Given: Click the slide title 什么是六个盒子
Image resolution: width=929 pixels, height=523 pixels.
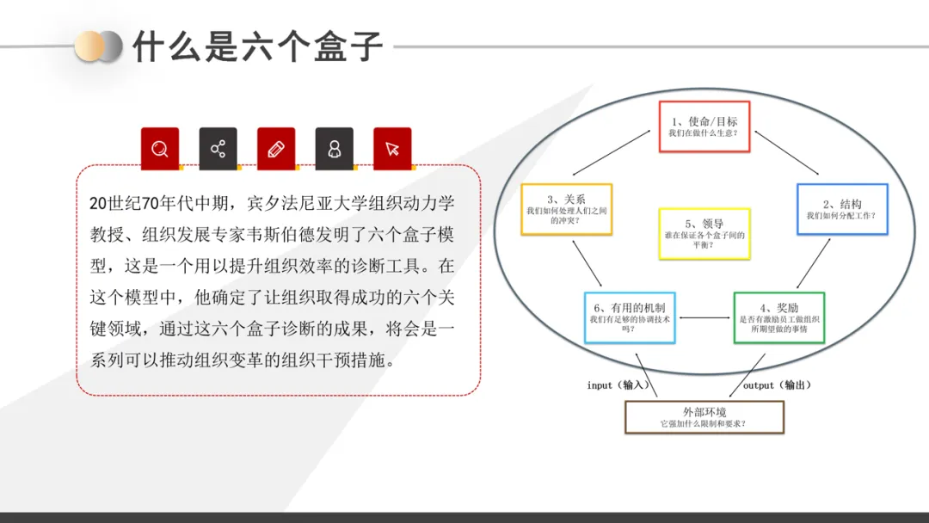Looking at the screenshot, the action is (x=257, y=46).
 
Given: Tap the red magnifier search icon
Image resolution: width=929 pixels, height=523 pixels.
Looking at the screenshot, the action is (x=160, y=148).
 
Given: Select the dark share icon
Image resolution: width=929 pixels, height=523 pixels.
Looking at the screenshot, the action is (x=218, y=148).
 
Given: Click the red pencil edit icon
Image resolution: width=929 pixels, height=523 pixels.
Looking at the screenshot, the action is (x=275, y=148).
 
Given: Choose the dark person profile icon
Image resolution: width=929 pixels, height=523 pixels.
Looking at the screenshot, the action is (x=334, y=148).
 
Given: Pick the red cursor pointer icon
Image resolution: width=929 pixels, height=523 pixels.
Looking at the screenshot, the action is (x=392, y=148).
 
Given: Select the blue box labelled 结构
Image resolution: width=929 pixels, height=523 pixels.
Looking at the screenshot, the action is (x=841, y=209).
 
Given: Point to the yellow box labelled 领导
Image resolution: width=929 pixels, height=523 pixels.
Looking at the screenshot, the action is (x=704, y=233).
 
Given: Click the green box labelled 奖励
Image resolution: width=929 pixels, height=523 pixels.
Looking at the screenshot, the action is (x=778, y=317).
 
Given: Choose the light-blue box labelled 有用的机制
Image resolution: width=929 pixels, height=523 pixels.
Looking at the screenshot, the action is (x=629, y=317).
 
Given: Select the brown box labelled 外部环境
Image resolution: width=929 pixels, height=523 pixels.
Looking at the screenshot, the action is (x=704, y=417).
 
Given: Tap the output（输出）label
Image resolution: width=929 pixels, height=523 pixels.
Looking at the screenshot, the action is (x=777, y=385).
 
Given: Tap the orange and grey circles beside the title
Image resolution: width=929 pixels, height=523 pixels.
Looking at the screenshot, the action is (x=98, y=46).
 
